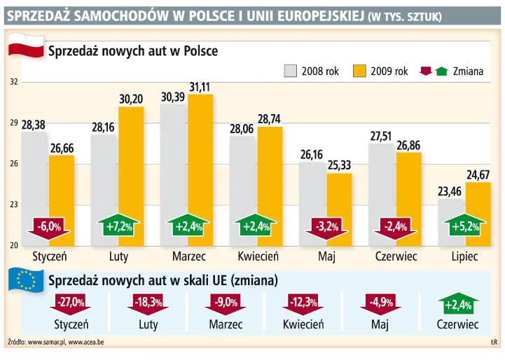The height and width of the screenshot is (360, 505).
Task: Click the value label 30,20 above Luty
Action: point(131,99)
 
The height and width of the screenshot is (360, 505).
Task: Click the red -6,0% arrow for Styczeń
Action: point(49,227)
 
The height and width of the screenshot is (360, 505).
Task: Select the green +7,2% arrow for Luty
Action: point(118,226)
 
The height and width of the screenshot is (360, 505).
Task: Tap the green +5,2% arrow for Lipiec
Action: point(464,226)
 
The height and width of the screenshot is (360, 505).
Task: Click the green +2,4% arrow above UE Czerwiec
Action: point(457,305)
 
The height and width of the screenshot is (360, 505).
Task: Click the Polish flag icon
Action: point(23,51)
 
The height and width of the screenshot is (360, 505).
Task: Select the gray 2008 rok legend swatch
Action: point(290,71)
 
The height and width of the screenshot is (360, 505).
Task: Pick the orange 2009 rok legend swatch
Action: point(360,71)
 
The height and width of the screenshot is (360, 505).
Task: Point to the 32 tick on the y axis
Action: point(13,82)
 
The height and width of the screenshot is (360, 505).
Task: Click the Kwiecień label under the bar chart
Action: point(258,256)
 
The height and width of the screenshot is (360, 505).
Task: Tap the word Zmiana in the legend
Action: point(468,71)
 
